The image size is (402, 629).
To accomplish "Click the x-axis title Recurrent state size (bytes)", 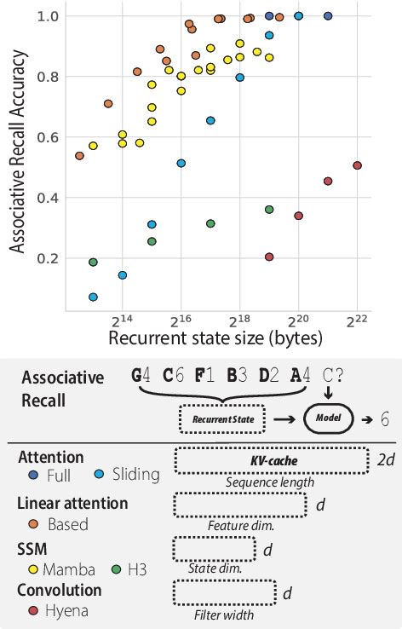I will pyautogui.click(x=215, y=338).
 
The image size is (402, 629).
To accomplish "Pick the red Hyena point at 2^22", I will pyautogui.click(x=357, y=165).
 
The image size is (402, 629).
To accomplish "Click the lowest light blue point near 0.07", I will pyautogui.click(x=93, y=297).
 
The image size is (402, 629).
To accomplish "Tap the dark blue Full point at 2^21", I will pyautogui.click(x=328, y=16).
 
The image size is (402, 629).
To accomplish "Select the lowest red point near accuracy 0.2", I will pyautogui.click(x=269, y=257).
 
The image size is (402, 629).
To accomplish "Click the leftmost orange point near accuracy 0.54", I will pyautogui.click(x=79, y=156).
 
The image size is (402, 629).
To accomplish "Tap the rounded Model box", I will pyautogui.click(x=329, y=419).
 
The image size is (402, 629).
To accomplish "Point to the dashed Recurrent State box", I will pyautogui.click(x=222, y=419).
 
